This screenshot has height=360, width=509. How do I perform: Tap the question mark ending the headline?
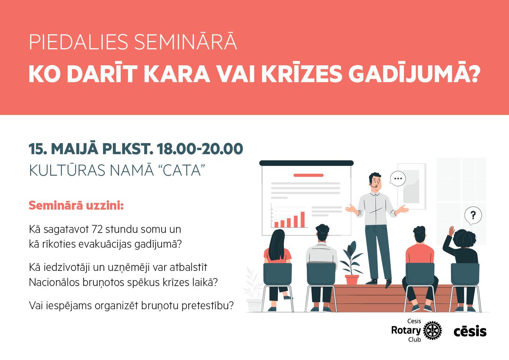pos(472,74)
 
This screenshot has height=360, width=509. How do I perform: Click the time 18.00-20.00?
pos(200,149)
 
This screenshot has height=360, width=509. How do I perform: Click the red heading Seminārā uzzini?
pos(76,206)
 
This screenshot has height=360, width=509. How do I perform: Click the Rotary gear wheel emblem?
pos(432,331)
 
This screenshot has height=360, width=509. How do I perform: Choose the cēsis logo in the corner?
pos(470,331)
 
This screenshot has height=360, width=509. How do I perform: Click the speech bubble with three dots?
pos(397,179)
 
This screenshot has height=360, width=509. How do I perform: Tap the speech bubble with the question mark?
pos(473,216)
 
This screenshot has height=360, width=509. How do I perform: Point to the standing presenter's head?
pos(375,180)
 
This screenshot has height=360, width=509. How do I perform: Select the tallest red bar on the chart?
pos(302,219)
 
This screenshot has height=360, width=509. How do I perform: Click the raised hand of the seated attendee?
pos(451,231)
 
